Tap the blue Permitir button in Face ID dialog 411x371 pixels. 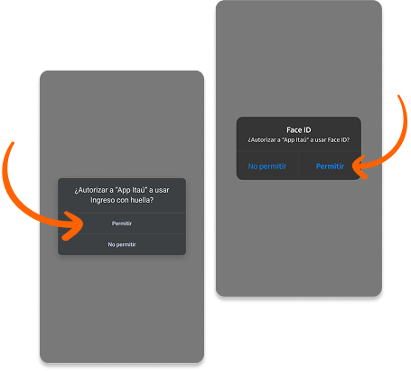[330, 166]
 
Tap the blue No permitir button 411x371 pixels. [267, 166]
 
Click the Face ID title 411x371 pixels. [299, 130]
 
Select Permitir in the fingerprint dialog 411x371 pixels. [122, 224]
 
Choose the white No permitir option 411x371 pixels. [122, 244]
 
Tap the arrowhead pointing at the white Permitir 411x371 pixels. [75, 225]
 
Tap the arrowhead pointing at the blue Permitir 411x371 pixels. [359, 166]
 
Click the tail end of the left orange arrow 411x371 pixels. [13, 143]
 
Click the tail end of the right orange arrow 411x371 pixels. [399, 96]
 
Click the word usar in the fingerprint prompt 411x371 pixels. [162, 190]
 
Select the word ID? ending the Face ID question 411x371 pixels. [345, 140]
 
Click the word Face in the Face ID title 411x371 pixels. [294, 130]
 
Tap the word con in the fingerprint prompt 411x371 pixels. [121, 200]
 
